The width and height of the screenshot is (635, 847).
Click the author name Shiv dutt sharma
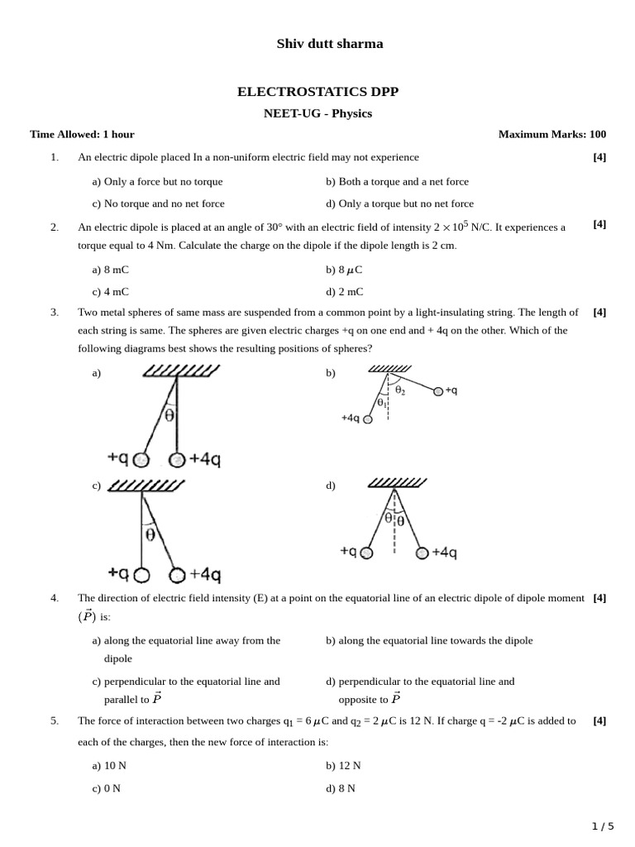[x=329, y=44]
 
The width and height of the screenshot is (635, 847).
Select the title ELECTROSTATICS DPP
[x=317, y=91]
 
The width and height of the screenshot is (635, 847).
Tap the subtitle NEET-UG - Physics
[x=317, y=113]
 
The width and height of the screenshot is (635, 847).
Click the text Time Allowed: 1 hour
[x=82, y=134]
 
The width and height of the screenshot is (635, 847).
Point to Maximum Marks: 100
[x=551, y=134]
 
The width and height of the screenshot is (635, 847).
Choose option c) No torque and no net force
[x=158, y=203]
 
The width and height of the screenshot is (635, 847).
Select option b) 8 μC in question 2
[x=344, y=270]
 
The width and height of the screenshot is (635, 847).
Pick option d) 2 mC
[x=344, y=292]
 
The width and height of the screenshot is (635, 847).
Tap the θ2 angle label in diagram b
[x=400, y=390]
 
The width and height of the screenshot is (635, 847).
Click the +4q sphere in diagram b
[x=368, y=419]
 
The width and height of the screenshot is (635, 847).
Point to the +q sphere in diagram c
[x=142, y=574]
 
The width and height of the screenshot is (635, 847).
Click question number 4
[x=55, y=598]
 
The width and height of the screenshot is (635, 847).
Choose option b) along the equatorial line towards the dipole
[x=429, y=640]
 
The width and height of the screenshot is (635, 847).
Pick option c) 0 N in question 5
[x=107, y=788]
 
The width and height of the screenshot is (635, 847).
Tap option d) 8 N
[x=341, y=788]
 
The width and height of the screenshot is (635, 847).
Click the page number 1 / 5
[x=603, y=825]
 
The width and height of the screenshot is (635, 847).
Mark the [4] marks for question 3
[x=599, y=313]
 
